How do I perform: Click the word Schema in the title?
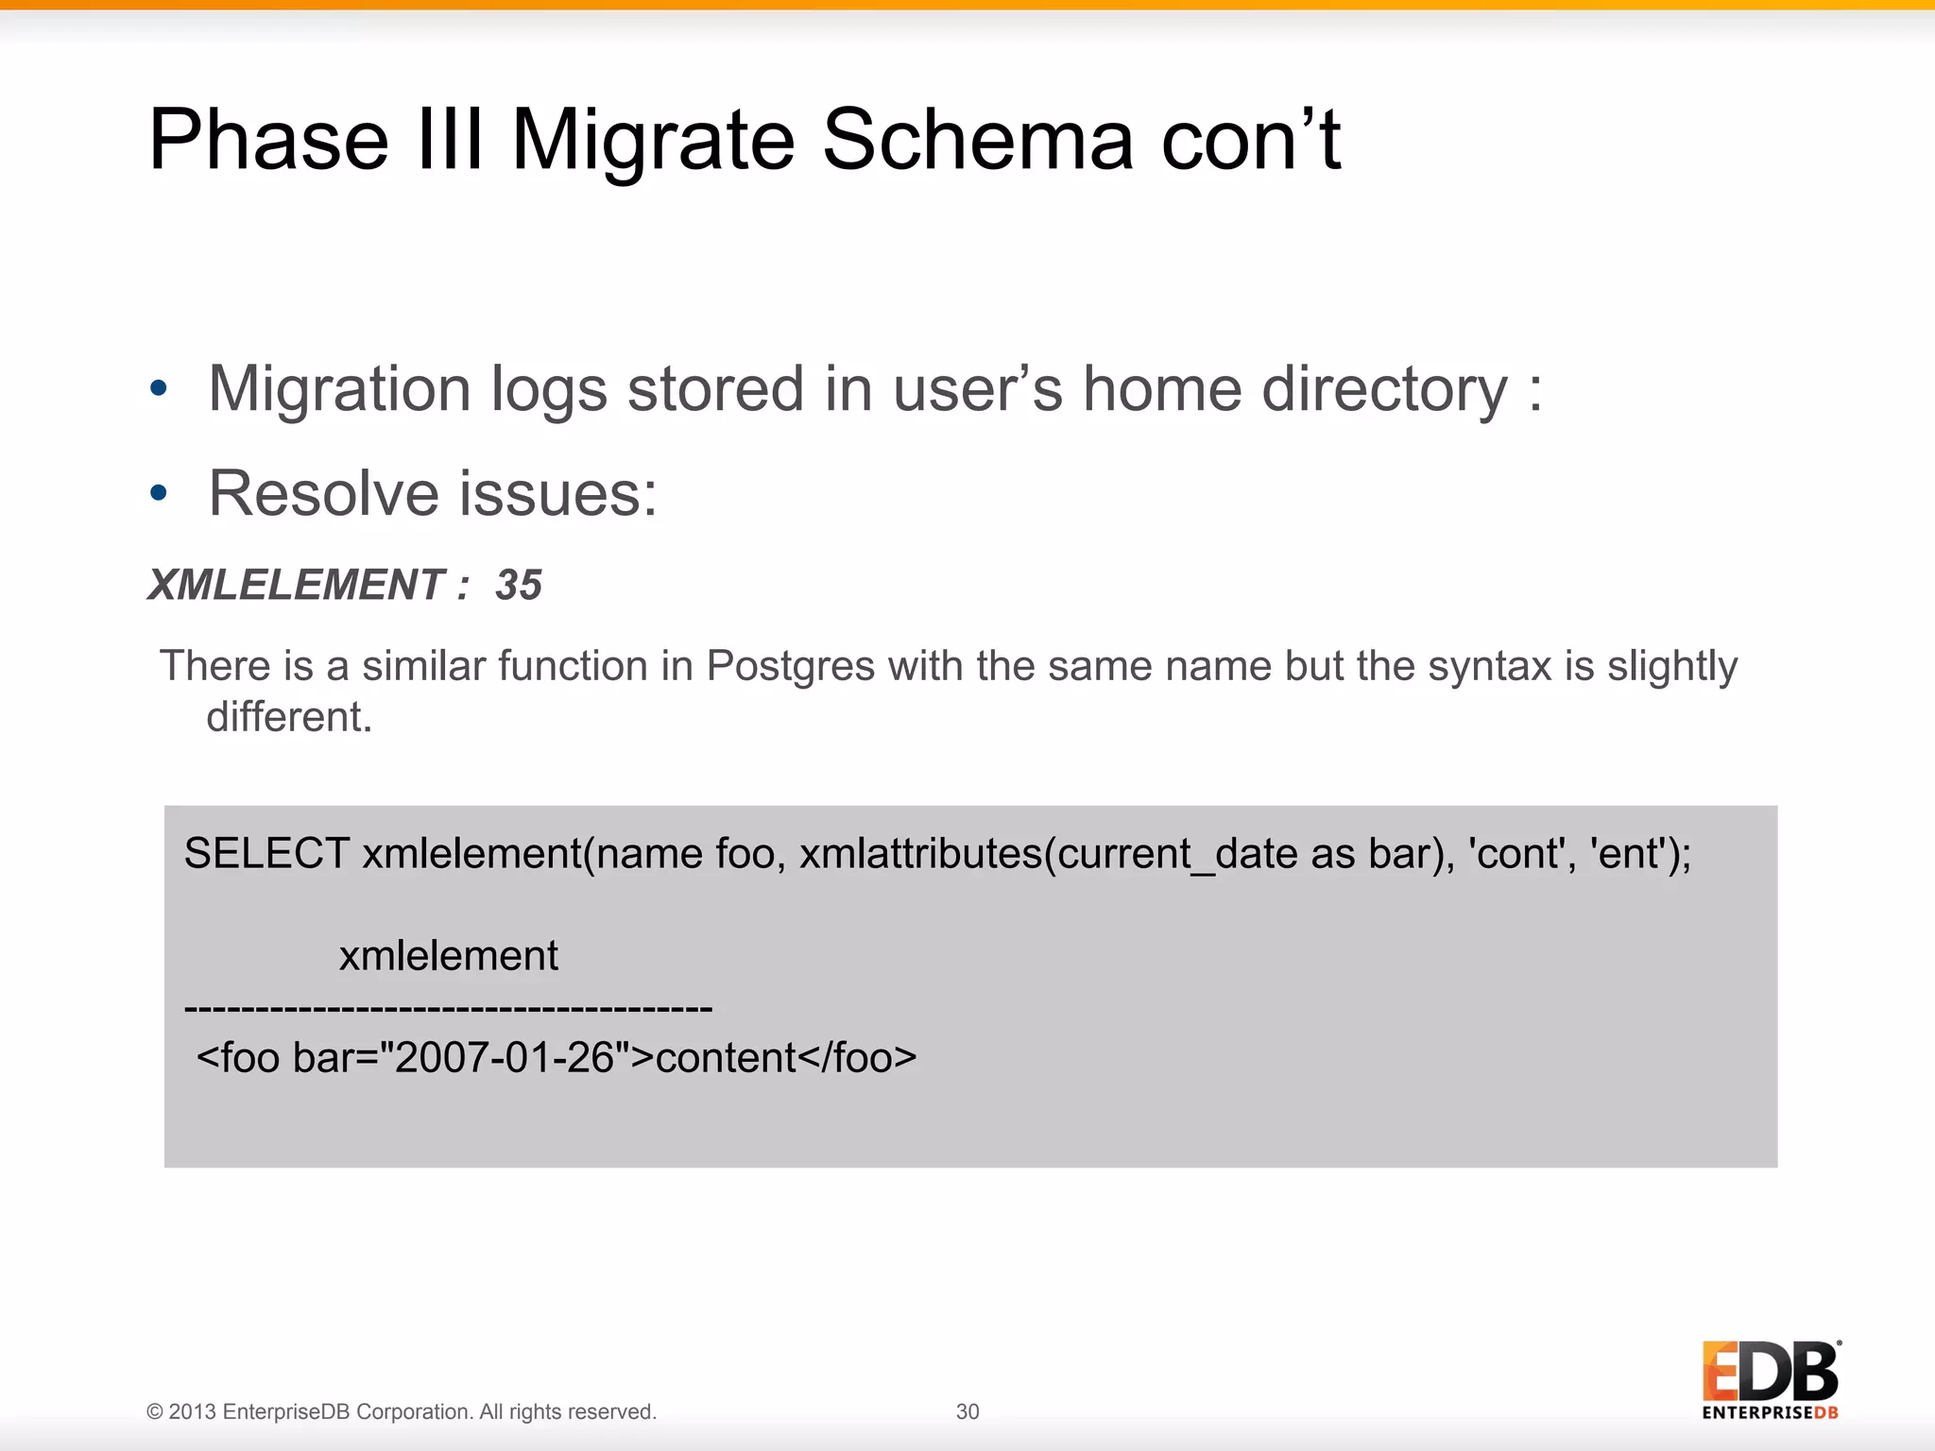pos(977,140)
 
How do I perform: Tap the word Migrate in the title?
pos(653,140)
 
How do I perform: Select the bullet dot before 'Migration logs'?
pos(159,388)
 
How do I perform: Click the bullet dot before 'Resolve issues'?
pos(159,492)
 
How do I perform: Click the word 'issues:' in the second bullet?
pos(558,493)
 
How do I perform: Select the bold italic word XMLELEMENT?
pos(296,585)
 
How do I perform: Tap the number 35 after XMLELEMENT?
pos(519,585)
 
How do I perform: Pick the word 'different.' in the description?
pos(289,717)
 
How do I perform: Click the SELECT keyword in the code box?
pos(266,854)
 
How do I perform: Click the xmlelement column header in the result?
pos(449,956)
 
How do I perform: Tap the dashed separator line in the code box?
pos(449,1009)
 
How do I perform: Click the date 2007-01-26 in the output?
pos(505,1058)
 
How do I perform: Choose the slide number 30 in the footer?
pos(967,1411)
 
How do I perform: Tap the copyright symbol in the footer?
pos(154,1412)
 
